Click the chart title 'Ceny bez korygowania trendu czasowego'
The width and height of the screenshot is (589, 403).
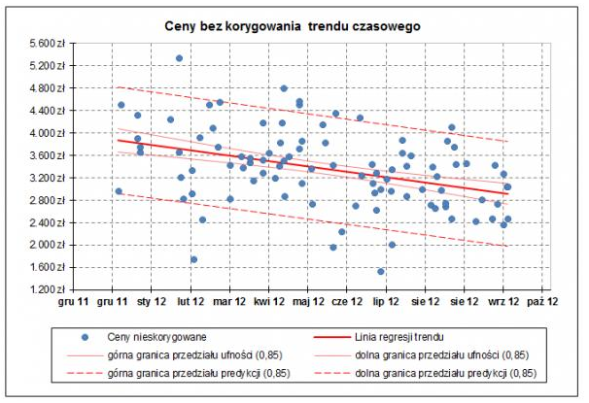(293, 22)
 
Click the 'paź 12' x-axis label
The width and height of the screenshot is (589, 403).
(541, 302)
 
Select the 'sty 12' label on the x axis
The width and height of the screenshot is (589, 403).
(153, 302)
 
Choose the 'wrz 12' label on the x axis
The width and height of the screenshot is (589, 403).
(502, 302)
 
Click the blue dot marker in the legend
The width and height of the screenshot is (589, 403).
(86, 335)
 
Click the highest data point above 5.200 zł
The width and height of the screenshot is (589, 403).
(179, 58)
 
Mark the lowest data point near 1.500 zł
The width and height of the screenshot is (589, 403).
(381, 272)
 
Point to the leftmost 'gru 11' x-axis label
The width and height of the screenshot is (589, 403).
(75, 302)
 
